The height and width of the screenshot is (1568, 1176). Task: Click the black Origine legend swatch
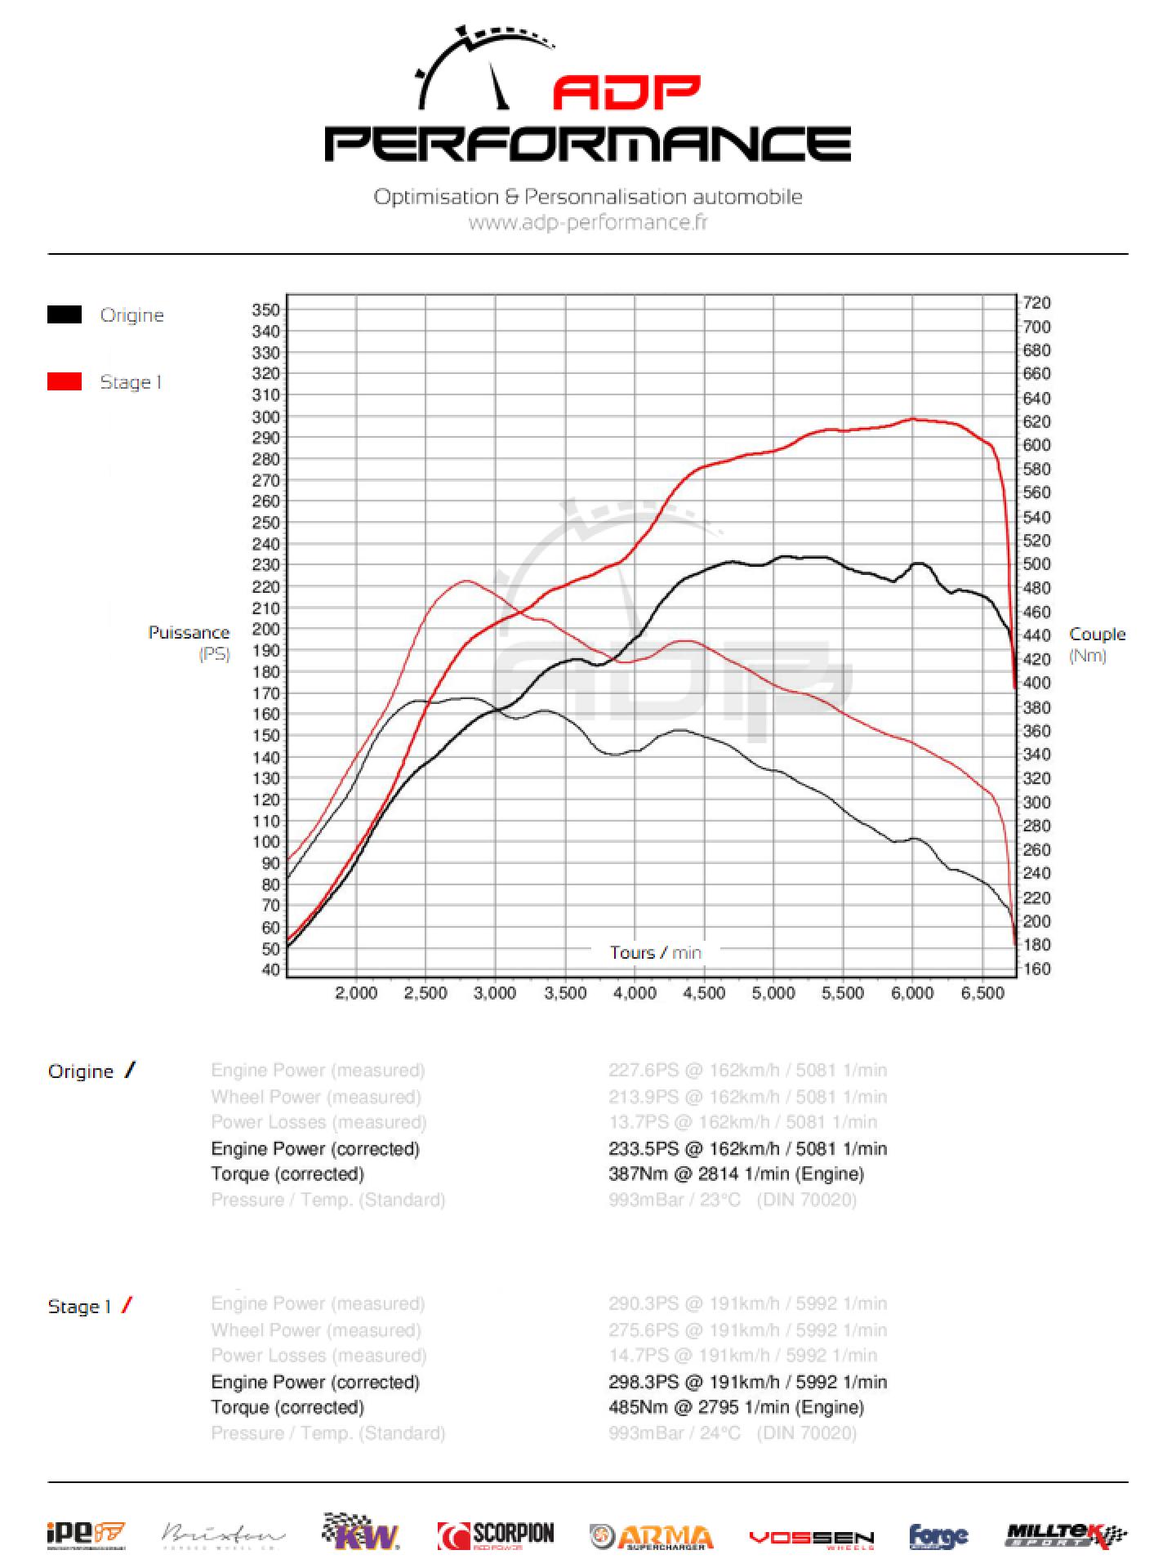point(65,315)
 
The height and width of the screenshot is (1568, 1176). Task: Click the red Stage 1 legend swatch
point(65,382)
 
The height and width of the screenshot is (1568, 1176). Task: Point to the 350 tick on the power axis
point(266,310)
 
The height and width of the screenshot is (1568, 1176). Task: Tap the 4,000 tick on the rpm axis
point(635,993)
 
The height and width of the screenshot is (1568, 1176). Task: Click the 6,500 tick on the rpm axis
point(982,993)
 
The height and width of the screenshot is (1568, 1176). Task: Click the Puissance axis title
point(189,633)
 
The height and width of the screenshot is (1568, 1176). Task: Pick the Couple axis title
point(1097,635)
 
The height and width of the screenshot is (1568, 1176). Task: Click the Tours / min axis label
point(655,952)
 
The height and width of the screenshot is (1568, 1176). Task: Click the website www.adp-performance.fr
point(588,222)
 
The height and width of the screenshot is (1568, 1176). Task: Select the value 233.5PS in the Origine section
point(644,1149)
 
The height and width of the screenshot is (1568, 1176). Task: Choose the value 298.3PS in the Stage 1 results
point(644,1383)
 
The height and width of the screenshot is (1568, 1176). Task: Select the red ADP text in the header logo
point(626,93)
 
